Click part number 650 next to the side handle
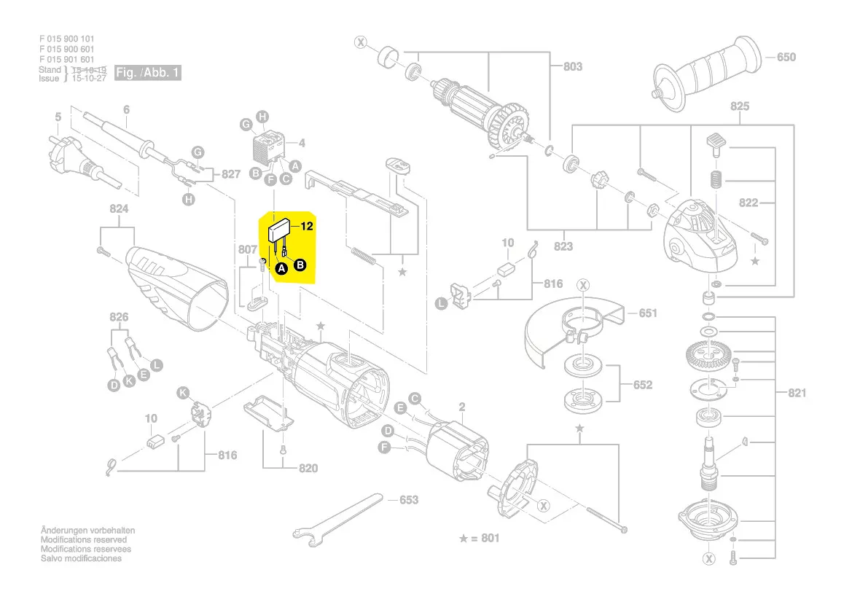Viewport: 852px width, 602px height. (786, 58)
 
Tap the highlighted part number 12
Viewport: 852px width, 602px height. (307, 227)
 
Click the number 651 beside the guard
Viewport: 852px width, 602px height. (648, 313)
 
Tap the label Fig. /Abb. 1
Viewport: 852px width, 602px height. (147, 73)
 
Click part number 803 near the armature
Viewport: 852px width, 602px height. (572, 66)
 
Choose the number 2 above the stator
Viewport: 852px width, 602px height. (461, 407)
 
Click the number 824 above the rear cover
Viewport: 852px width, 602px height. (119, 209)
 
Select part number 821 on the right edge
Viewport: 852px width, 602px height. (797, 394)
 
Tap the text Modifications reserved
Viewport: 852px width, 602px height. (83, 540)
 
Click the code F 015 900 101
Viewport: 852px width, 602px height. (67, 39)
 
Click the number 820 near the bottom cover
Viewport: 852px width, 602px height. (308, 468)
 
